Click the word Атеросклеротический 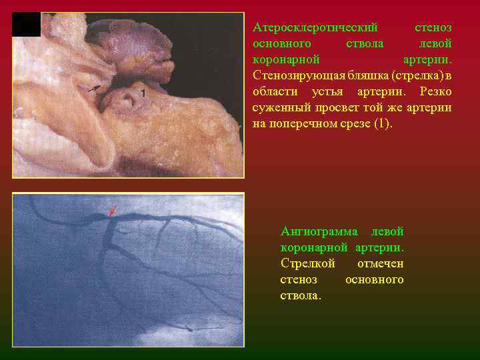pos(315,28)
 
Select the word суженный pos(281,107)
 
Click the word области pos(274,91)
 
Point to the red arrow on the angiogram pos(113,210)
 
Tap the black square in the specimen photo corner pos(27,25)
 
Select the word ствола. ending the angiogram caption pos(301,295)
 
